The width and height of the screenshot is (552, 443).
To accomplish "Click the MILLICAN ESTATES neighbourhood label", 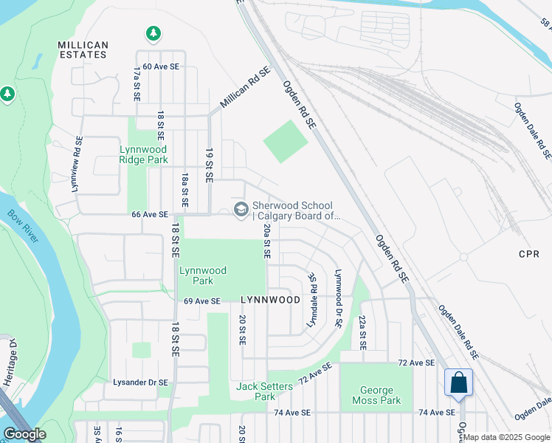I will tap(83, 50).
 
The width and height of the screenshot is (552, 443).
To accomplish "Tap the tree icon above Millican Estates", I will tap(153, 33).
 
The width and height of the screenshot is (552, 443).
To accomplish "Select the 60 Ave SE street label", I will tap(161, 66).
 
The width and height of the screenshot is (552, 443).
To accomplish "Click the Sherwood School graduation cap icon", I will tap(241, 210).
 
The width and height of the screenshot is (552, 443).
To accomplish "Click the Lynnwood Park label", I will tap(196, 275).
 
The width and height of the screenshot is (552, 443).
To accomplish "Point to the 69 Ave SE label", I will tap(202, 301).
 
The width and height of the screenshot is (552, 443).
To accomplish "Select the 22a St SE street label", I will tap(362, 332).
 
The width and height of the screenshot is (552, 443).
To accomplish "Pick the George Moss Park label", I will tap(380, 395).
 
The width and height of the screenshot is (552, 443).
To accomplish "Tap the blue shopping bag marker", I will tap(458, 383).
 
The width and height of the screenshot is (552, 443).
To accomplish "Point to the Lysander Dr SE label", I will tap(141, 382).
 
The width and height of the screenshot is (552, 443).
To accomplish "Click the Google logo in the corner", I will tap(24, 434).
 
